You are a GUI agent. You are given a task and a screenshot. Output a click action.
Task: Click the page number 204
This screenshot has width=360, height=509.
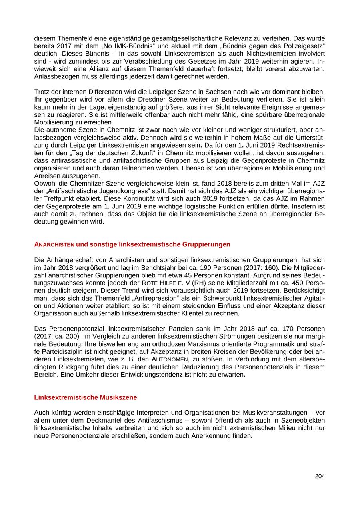[320, 476]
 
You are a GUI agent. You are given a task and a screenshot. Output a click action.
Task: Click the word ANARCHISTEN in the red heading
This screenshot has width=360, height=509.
[54, 244]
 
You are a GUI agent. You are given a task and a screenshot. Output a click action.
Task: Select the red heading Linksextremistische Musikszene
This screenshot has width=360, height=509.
[86, 397]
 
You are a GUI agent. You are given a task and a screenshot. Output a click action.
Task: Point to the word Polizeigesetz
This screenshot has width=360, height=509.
[304, 46]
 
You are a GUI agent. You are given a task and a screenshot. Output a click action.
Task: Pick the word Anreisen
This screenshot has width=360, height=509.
[47, 176]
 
